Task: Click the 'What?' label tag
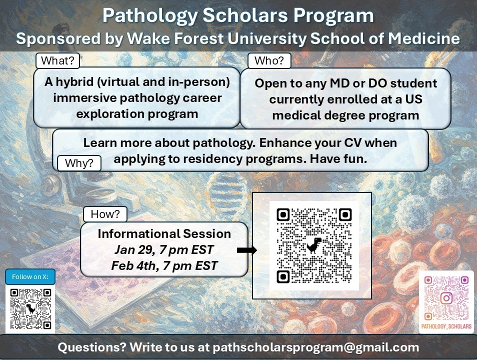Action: tap(57, 61)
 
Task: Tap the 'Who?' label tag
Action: tap(269, 61)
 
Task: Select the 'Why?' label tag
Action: tap(79, 163)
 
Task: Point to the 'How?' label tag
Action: tap(105, 214)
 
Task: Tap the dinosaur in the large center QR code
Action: tap(314, 245)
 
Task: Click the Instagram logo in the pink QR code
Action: tap(446, 298)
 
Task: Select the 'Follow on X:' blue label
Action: tap(30, 277)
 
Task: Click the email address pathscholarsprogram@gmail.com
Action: tap(315, 347)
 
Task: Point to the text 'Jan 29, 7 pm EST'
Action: tap(164, 249)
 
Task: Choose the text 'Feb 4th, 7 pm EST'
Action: tap(164, 265)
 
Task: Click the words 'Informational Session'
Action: tap(164, 233)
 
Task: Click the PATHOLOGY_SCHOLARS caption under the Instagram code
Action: tap(446, 326)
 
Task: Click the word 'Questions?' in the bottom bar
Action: tap(91, 347)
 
